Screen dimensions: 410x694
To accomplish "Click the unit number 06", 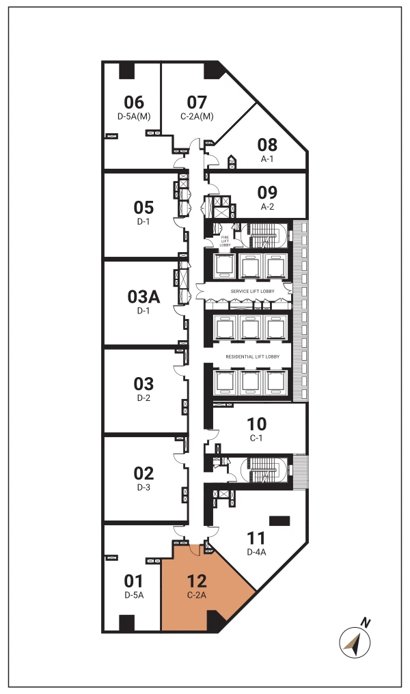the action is tap(134, 102).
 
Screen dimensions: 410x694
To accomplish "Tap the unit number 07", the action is tap(197, 102).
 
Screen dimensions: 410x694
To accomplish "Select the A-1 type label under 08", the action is tap(267, 159).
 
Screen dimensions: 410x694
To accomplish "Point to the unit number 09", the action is tap(267, 192).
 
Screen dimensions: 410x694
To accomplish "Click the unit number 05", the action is tap(143, 207).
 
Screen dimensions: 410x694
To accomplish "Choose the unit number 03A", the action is tap(143, 296).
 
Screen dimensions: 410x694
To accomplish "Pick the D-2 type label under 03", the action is tap(143, 398).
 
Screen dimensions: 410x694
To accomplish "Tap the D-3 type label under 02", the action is tap(143, 487).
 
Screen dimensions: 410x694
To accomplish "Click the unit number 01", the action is tap(134, 581).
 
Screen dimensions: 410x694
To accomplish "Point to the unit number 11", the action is tap(256, 538).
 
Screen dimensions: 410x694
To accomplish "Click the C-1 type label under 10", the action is tap(256, 438).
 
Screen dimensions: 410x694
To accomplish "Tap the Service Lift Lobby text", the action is tap(252, 291).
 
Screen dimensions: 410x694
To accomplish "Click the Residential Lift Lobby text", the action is tap(252, 357).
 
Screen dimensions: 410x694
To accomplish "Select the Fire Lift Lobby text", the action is tap(225, 241).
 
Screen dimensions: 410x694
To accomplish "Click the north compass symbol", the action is tap(355, 642).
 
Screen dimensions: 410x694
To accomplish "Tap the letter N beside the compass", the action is tap(366, 623).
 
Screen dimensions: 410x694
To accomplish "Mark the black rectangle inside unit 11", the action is tap(279, 520).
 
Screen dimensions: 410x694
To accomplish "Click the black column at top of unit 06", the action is tap(126, 70).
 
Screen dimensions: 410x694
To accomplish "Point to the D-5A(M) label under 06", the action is tap(134, 116).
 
